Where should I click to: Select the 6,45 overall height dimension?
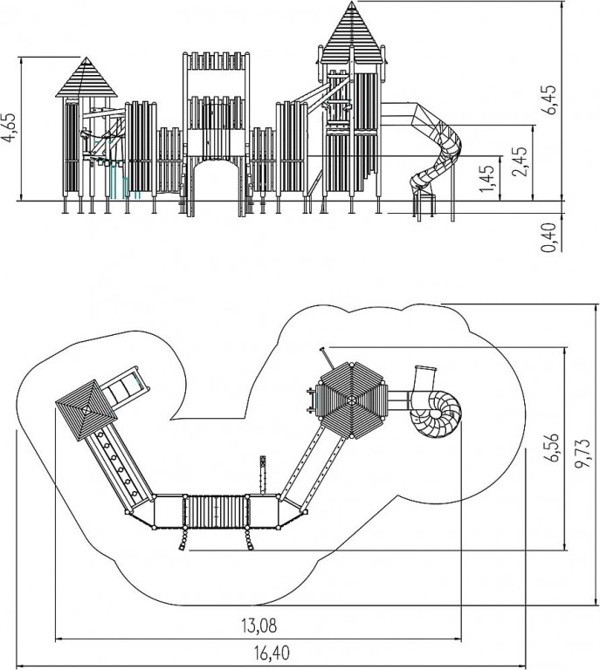click(x=549, y=99)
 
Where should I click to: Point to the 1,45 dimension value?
click(x=486, y=178)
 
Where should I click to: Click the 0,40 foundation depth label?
click(x=549, y=237)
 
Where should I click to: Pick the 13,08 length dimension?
click(x=259, y=626)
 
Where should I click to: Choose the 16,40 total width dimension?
click(x=272, y=653)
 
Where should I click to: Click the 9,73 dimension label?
click(x=582, y=453)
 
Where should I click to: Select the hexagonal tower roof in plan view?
click(x=352, y=400)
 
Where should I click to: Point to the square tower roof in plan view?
click(x=86, y=410)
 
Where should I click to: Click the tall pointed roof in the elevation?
click(x=352, y=33)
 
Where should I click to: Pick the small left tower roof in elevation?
click(x=86, y=78)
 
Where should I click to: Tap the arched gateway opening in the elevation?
click(x=216, y=187)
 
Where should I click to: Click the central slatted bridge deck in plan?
click(x=216, y=511)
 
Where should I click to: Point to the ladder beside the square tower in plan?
click(x=124, y=387)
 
